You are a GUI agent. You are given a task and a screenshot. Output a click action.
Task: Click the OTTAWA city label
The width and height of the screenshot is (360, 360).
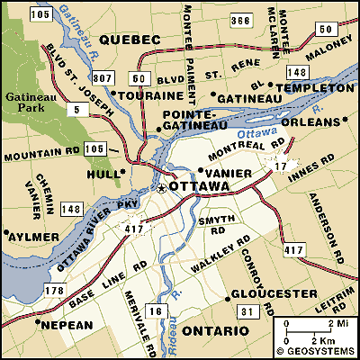pos(199,188)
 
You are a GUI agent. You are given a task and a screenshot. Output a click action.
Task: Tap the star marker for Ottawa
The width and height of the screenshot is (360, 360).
pos(162,189)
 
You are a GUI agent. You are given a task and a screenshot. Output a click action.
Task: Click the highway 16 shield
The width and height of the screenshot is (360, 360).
pos(155,310)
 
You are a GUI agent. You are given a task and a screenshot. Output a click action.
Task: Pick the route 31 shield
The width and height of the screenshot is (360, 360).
pos(246,310)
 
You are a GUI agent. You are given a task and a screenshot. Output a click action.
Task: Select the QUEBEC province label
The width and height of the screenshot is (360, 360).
pos(130,40)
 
